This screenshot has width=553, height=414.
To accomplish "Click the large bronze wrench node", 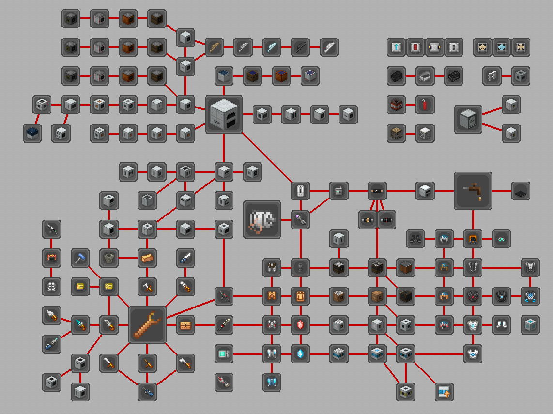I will (148, 325).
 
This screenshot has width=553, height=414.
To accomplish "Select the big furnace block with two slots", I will (224, 114).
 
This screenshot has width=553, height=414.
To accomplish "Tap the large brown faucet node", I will (473, 191).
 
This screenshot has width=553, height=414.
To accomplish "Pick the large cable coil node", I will (262, 220).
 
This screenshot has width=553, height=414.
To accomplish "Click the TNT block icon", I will (397, 105).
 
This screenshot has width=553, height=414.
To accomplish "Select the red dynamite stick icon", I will (425, 105).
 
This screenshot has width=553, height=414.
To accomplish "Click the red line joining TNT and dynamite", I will (411, 105).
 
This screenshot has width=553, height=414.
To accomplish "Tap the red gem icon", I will (301, 325).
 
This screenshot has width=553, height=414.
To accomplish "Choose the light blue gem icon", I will (301, 353).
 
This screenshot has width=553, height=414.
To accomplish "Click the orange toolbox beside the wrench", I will (186, 325).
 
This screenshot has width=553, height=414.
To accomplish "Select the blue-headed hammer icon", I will (80, 258).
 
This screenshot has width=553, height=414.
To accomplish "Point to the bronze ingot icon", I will (147, 258).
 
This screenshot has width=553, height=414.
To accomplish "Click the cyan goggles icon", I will (502, 239).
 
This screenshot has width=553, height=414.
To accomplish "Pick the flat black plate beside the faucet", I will (521, 191).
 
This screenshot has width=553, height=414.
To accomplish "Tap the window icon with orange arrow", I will (444, 392).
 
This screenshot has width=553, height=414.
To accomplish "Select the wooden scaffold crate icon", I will (397, 133).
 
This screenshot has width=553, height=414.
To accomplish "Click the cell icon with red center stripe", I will (415, 47).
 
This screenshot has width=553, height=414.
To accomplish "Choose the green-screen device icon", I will (224, 353).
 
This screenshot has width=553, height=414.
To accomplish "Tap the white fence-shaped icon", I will (492, 76).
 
